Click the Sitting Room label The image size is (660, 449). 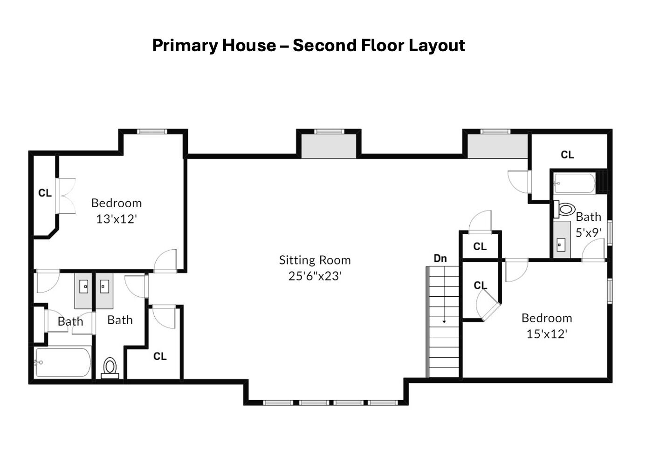pyautogui.click(x=315, y=260)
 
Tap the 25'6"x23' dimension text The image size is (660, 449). pyautogui.click(x=315, y=276)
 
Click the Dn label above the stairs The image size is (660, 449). pyautogui.click(x=440, y=259)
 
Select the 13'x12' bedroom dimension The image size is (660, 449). pyautogui.click(x=117, y=219)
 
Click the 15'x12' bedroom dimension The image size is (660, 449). pyautogui.click(x=547, y=334)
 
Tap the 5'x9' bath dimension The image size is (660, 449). pyautogui.click(x=588, y=233)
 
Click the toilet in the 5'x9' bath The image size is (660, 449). pyautogui.click(x=564, y=209)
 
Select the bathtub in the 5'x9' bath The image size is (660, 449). pyautogui.click(x=575, y=183)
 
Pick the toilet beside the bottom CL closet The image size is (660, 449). pyautogui.click(x=110, y=368)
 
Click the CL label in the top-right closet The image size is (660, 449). pyautogui.click(x=568, y=155)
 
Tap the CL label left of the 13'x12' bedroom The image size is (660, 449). pyautogui.click(x=45, y=193)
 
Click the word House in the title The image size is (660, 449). pyautogui.click(x=249, y=46)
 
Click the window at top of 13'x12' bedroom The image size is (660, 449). pyautogui.click(x=152, y=131)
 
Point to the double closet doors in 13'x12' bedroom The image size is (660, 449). pyautogui.click(x=65, y=196)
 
